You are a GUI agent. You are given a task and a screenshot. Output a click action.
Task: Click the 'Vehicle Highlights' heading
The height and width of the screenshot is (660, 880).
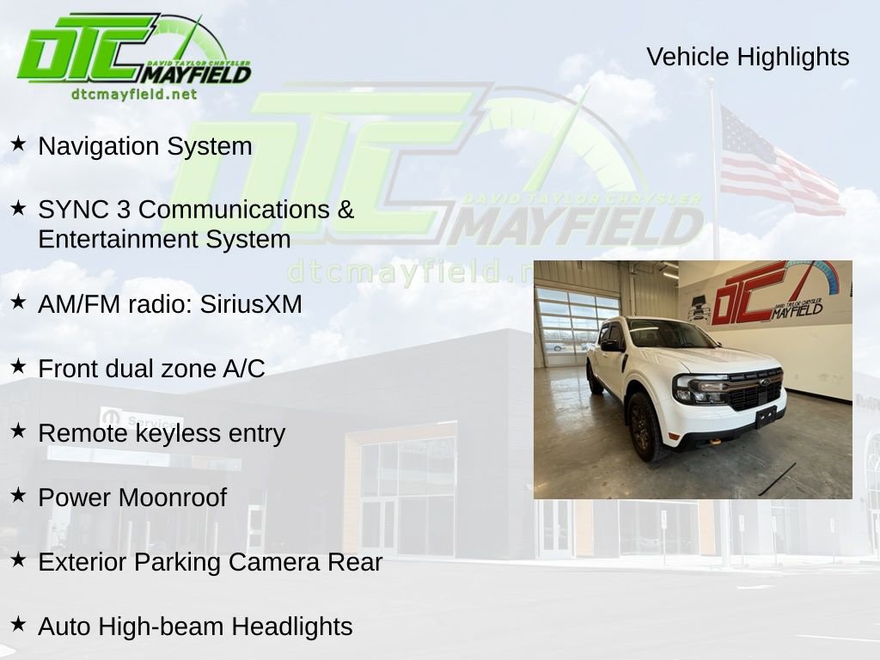747,57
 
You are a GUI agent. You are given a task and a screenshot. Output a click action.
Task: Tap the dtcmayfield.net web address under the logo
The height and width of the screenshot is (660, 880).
134,95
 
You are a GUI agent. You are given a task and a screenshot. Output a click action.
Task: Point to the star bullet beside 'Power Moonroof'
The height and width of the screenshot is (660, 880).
18,495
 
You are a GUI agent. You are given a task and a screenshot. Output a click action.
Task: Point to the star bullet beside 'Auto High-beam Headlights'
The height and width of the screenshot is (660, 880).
18,624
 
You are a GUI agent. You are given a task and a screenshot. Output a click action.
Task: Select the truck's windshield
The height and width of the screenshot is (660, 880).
671,334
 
